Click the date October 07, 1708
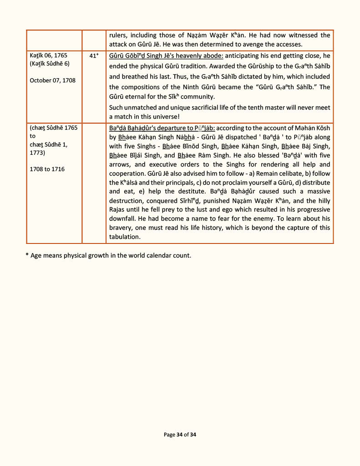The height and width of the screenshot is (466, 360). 52,81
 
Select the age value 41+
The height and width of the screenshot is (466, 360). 94,56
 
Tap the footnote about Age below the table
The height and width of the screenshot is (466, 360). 108,255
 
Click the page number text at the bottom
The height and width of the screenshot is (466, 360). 180,435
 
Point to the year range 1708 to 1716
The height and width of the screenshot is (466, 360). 47,169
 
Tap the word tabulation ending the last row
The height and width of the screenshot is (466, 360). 125,237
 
